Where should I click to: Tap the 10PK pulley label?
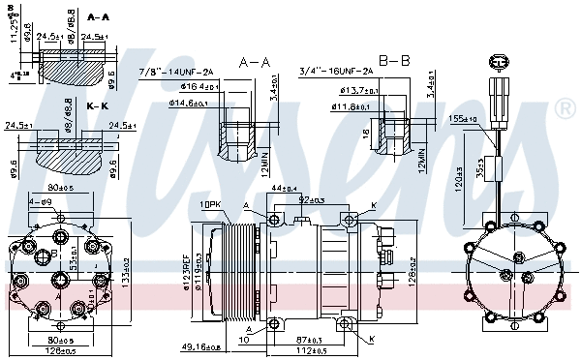211,204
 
